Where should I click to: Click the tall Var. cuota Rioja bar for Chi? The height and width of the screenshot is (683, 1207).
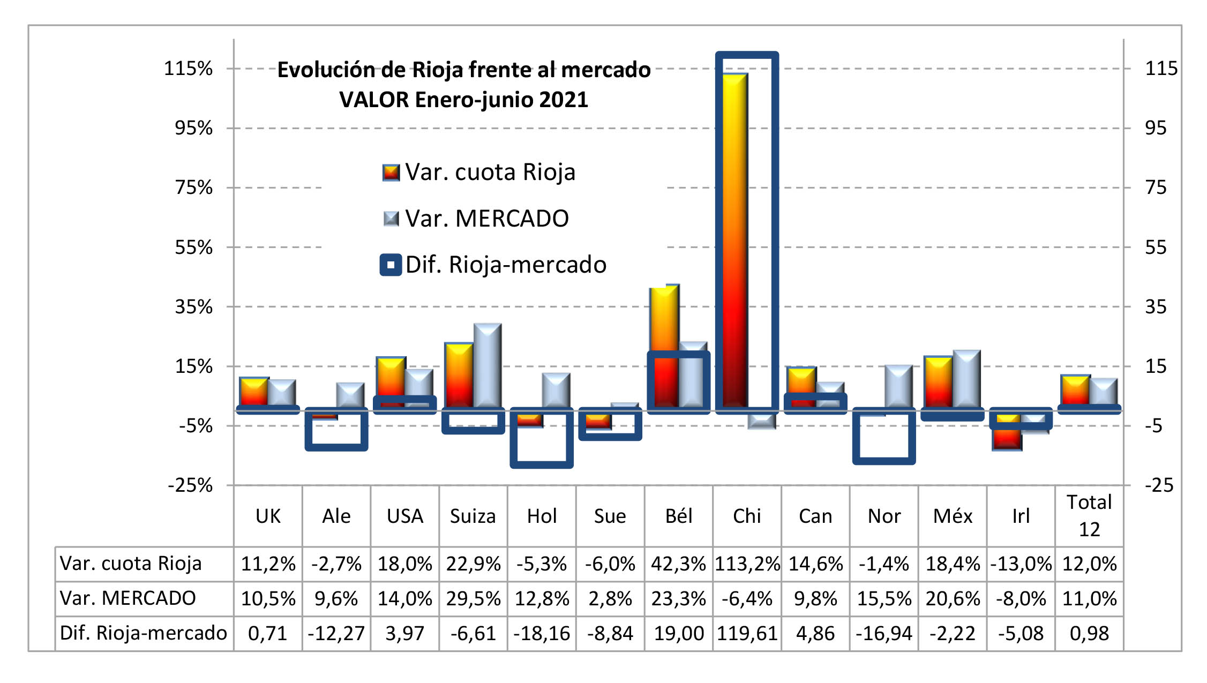(734, 241)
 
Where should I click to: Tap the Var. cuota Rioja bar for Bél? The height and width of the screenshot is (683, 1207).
(664, 321)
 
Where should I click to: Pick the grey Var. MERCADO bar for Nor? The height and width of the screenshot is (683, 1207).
(898, 386)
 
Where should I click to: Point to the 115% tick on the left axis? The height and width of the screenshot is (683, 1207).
(188, 69)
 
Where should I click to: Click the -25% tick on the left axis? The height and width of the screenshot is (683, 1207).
(190, 485)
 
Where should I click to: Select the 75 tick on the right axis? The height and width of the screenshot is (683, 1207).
(1156, 187)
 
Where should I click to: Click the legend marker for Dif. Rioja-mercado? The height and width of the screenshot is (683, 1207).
(391, 265)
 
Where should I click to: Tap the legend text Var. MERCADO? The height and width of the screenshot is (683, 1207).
(486, 219)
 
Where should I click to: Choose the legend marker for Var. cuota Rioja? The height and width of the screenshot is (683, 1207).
(391, 172)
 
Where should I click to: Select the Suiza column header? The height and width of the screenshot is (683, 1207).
(473, 516)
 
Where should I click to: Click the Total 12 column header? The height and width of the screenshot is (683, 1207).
(1089, 515)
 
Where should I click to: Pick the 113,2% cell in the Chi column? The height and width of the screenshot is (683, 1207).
(747, 564)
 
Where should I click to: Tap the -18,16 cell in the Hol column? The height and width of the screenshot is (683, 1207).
(542, 633)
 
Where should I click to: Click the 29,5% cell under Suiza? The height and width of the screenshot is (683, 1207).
(473, 598)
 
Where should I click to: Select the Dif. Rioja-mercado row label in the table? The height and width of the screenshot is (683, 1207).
(143, 633)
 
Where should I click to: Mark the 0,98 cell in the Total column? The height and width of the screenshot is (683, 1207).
(1089, 633)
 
